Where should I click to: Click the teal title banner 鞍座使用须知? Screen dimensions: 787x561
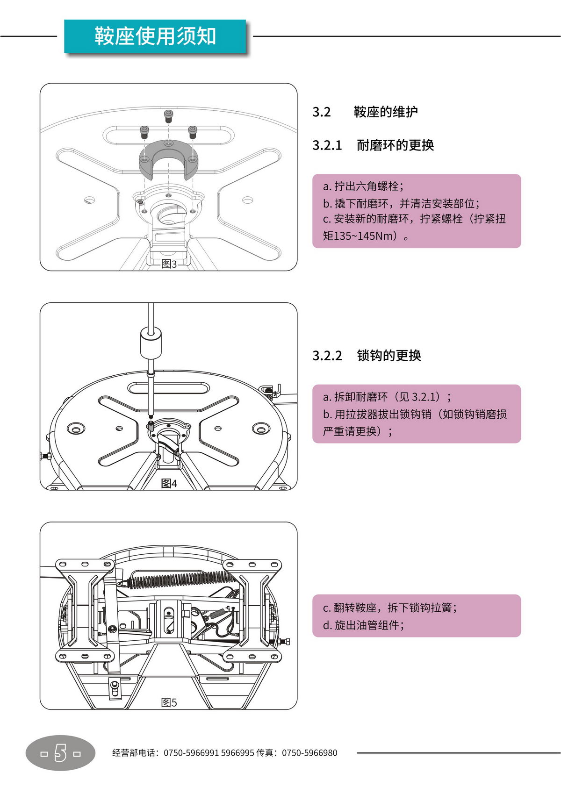pyautogui.click(x=155, y=36)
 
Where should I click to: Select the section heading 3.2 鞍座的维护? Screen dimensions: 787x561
pyautogui.click(x=365, y=112)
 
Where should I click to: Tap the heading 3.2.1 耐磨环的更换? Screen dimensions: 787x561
pyautogui.click(x=373, y=145)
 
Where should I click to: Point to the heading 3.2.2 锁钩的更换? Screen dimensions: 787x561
pyautogui.click(x=367, y=356)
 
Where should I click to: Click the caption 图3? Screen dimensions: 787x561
pyautogui.click(x=169, y=264)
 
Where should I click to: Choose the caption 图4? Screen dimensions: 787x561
pyautogui.click(x=169, y=483)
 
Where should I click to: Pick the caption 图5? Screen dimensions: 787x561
pyautogui.click(x=169, y=702)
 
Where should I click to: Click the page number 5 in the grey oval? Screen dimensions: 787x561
pyautogui.click(x=61, y=753)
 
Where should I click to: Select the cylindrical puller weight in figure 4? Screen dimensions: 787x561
pyautogui.click(x=151, y=343)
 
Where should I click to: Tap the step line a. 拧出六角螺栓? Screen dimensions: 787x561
pyautogui.click(x=363, y=186)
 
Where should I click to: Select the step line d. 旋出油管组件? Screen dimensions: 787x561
pyautogui.click(x=363, y=625)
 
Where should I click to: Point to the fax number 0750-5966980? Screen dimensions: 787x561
pyautogui.click(x=309, y=753)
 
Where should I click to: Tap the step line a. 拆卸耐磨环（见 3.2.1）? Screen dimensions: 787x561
pyautogui.click(x=387, y=397)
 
